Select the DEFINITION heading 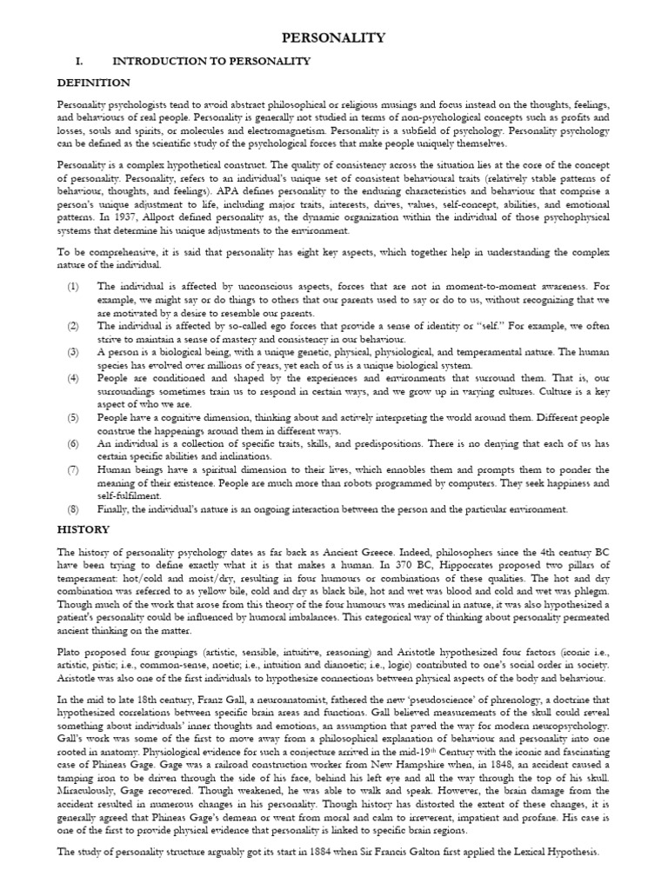click(x=94, y=83)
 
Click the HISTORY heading click(x=83, y=529)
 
